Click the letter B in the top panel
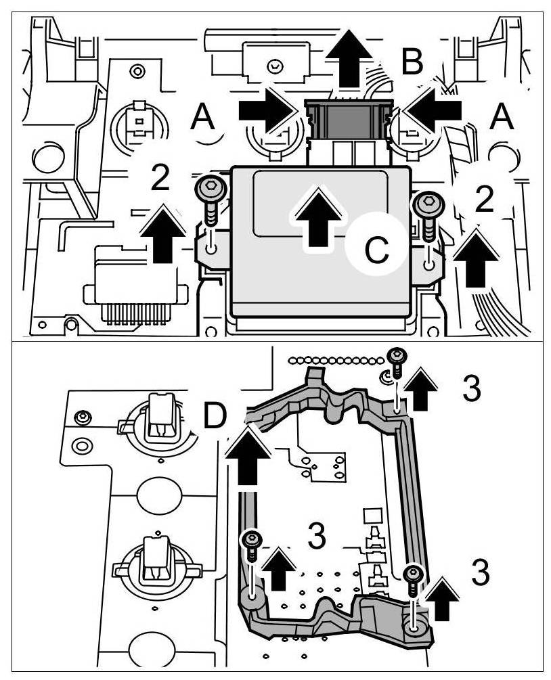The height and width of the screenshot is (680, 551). [412, 62]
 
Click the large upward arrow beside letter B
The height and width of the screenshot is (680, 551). [349, 59]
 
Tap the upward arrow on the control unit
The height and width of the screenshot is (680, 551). [316, 217]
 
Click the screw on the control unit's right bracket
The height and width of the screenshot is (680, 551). [428, 209]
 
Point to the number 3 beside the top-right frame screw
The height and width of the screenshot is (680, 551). [471, 388]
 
